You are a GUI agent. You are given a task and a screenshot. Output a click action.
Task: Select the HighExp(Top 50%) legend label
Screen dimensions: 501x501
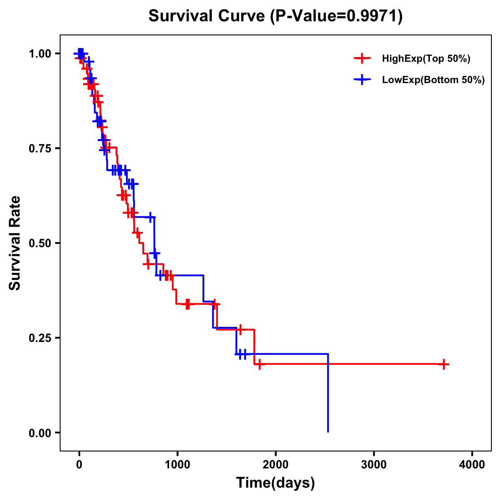(426, 59)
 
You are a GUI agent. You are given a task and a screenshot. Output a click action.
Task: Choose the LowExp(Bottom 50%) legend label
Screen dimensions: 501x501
(433, 80)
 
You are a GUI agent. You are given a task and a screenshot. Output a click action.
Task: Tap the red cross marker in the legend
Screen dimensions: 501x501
(362, 59)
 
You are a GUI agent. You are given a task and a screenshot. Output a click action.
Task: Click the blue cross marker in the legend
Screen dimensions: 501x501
(362, 80)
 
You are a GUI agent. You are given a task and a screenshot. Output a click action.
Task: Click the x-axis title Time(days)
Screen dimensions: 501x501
(276, 483)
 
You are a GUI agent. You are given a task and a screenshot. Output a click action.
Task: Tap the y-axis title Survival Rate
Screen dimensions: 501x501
(15, 243)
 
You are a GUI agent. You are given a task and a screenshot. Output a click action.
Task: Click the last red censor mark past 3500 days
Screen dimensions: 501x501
(444, 364)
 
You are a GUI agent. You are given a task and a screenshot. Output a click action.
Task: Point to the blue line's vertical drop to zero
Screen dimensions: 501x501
(328, 392)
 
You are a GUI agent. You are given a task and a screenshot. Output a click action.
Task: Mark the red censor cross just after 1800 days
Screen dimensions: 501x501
(260, 364)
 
